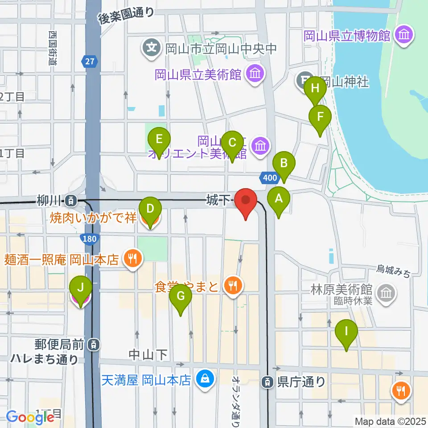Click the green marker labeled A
(279, 200)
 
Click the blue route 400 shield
(270, 178)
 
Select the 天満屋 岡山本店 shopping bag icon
(205, 379)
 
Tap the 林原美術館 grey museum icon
(385, 293)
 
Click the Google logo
(30, 417)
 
